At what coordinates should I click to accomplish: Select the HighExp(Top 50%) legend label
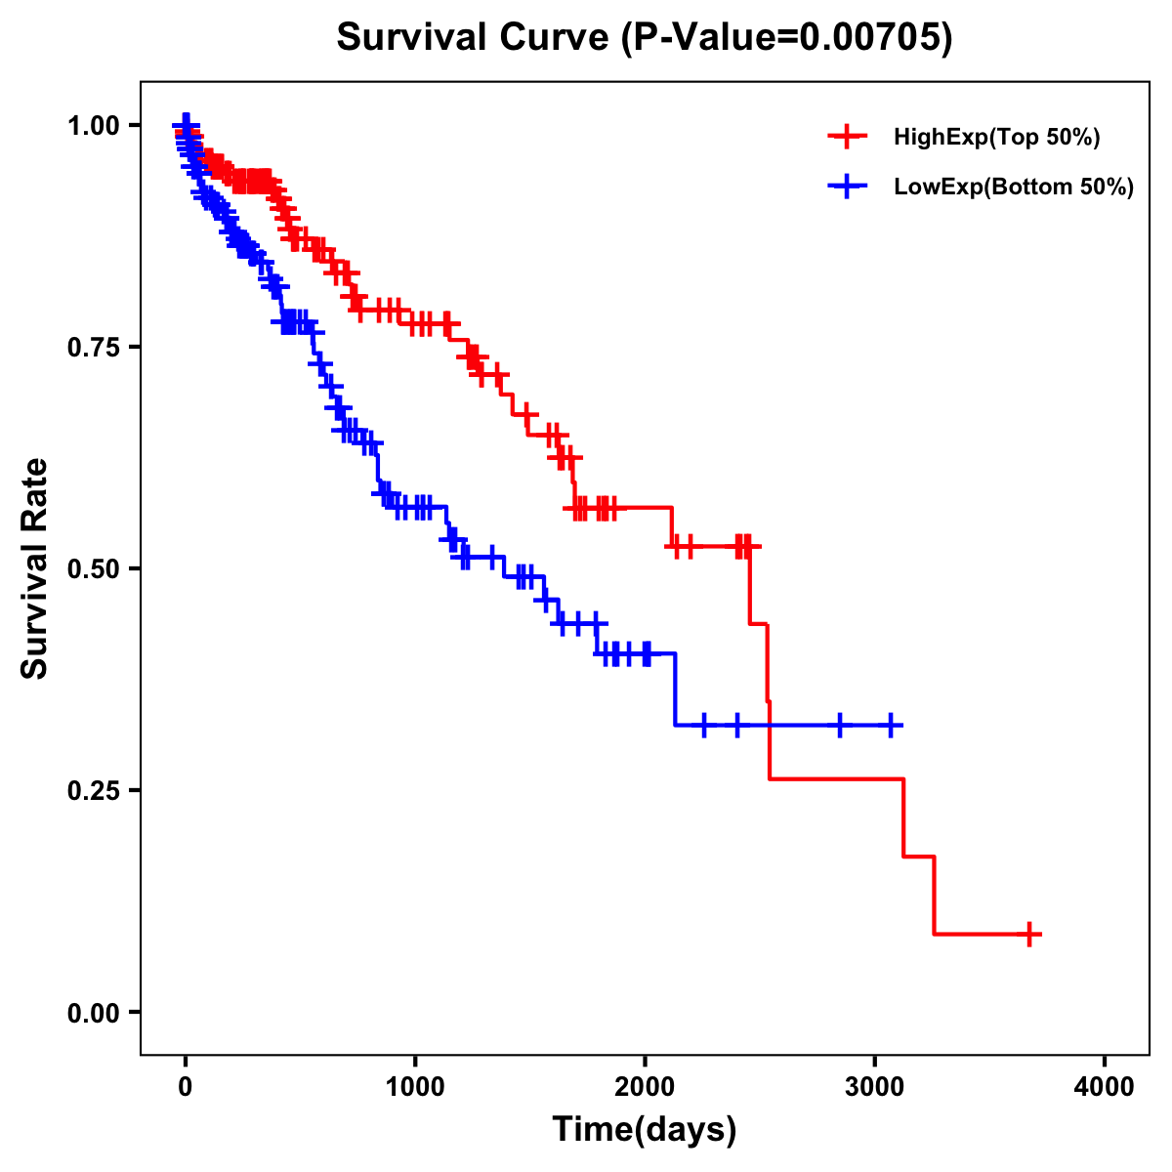[997, 138]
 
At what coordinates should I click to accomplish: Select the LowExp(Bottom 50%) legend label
[1014, 187]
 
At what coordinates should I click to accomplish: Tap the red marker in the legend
[847, 137]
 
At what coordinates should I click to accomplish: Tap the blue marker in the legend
[847, 186]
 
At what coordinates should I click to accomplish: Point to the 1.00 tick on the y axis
[94, 126]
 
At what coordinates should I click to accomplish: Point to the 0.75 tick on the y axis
[94, 348]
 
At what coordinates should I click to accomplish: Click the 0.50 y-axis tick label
[94, 569]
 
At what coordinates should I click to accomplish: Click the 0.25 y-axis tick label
[94, 791]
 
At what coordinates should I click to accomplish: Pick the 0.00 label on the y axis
[94, 1013]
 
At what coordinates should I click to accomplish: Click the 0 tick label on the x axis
[186, 1087]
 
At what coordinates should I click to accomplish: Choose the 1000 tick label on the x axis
[415, 1087]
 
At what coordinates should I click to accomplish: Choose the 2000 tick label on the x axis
[645, 1087]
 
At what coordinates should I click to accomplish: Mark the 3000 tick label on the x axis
[875, 1087]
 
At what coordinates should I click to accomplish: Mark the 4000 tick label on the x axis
[1105, 1087]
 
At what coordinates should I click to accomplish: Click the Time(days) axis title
[645, 1130]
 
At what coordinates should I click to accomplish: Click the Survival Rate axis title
[35, 568]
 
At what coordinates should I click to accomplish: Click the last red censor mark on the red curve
[1028, 934]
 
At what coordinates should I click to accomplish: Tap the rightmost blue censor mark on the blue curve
[890, 725]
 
